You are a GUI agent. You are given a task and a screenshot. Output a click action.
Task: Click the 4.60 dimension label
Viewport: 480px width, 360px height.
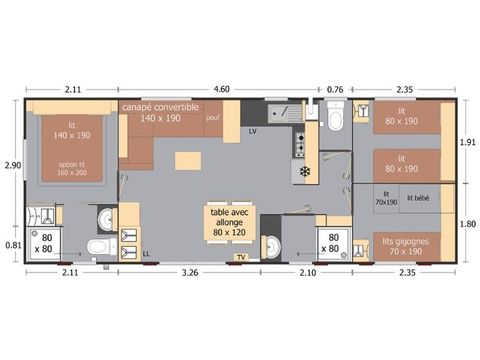(x=220, y=88)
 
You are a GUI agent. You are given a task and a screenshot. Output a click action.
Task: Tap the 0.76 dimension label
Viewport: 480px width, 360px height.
(x=335, y=88)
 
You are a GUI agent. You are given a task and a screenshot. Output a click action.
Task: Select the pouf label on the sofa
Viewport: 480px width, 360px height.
(x=212, y=117)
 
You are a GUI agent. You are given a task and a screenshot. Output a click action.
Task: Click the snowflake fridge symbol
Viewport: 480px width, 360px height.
(x=305, y=171)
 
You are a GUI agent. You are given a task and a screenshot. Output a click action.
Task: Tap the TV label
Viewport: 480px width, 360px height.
(x=240, y=257)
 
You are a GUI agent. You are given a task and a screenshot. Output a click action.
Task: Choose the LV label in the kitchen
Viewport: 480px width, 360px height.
(x=252, y=131)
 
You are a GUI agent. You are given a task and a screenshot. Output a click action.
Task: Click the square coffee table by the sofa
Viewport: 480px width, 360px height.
(x=187, y=161)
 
